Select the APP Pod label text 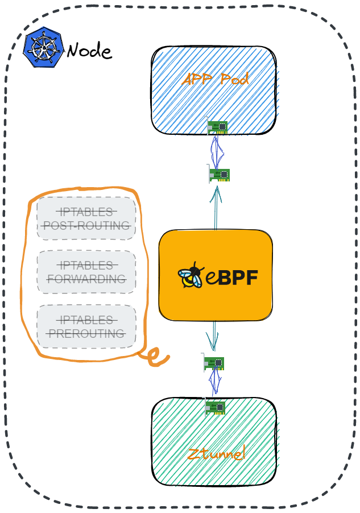(x=215, y=80)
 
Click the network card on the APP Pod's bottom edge (x=217, y=126)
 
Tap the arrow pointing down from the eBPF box (x=213, y=336)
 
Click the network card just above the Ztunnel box (x=214, y=363)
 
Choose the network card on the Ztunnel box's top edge (x=215, y=407)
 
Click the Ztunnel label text (x=216, y=454)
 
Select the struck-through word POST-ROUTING (x=86, y=226)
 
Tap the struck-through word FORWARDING (x=86, y=279)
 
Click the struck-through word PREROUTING (x=86, y=333)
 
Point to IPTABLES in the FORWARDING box (x=86, y=266)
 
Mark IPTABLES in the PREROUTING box (x=86, y=320)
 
